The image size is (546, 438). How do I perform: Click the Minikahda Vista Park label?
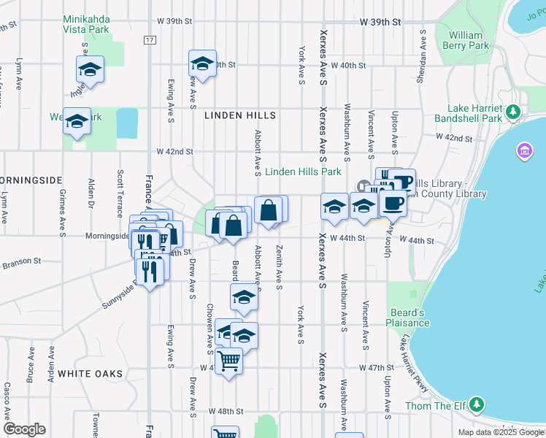pyautogui.click(x=86, y=23)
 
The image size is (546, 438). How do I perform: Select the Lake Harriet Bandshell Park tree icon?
pyautogui.click(x=514, y=112)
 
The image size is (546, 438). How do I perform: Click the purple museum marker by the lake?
pyautogui.click(x=523, y=151)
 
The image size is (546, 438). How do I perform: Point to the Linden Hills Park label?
pyautogui.click(x=303, y=172)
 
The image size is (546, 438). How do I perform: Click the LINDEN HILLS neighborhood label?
pyautogui.click(x=240, y=116)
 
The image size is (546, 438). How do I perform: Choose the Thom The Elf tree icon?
pyautogui.click(x=477, y=404)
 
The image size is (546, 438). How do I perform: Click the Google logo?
pyautogui.click(x=24, y=429)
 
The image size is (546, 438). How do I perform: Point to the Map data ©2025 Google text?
pyautogui.click(x=500, y=432)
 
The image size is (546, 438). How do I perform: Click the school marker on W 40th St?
pyautogui.click(x=202, y=63)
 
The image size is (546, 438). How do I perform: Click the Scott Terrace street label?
pyautogui.click(x=120, y=193)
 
